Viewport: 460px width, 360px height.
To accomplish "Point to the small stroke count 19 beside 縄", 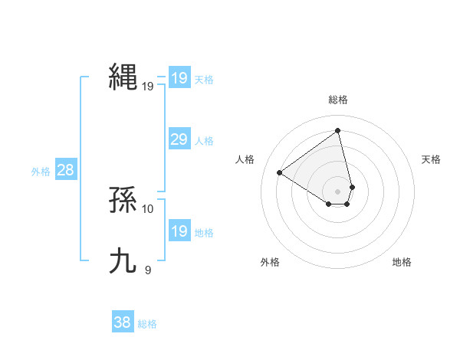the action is point(148,87).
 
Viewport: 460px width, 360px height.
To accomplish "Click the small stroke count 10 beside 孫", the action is point(148,208).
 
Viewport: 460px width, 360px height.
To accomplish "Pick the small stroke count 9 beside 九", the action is point(148,270).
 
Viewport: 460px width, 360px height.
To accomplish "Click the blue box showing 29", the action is point(179,139).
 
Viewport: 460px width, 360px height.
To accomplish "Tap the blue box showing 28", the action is point(65,170).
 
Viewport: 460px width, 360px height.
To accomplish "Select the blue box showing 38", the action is point(122,322).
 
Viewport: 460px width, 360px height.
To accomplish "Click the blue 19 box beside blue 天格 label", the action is point(179,78).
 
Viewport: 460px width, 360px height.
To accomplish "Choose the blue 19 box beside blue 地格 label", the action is point(179,231).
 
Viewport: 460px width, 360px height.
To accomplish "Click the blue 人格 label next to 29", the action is point(204,141).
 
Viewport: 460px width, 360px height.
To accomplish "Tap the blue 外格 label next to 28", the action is point(41,172).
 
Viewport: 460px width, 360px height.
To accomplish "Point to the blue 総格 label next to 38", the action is point(147,324).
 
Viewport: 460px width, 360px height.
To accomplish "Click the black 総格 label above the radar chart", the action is point(338,100).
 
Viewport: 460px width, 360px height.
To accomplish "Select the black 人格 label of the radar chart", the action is point(245,159).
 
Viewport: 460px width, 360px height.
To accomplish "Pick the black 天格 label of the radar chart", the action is point(432,159).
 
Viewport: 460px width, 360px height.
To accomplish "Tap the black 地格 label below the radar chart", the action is point(402,262).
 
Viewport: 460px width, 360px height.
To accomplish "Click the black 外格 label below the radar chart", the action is point(270,262).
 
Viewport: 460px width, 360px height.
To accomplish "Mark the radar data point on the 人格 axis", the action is point(280,172).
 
